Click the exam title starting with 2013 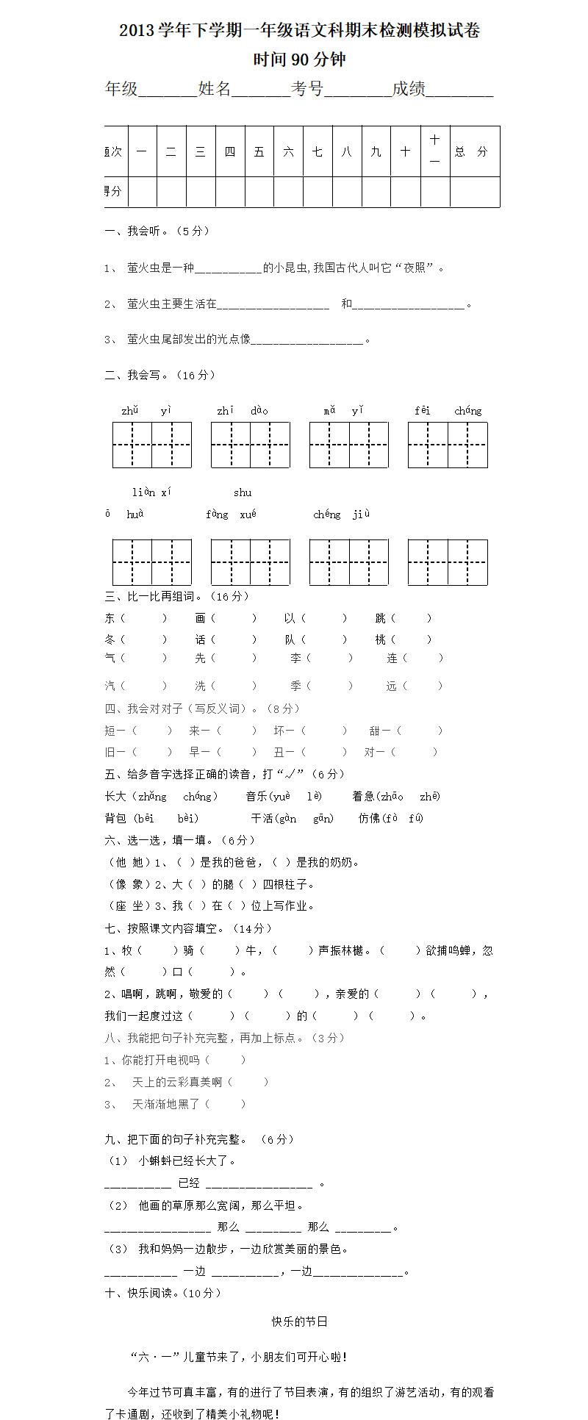tap(300, 31)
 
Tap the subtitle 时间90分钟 tap(299, 60)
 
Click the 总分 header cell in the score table tap(471, 151)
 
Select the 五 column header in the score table tap(259, 151)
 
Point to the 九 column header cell tap(376, 151)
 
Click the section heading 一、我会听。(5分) tap(157, 231)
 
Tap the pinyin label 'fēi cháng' tap(448, 411)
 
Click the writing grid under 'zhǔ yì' tap(152, 445)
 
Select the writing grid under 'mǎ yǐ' tap(349, 445)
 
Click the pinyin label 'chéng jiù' tap(342, 514)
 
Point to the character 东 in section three tap(110, 618)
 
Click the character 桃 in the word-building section tap(381, 639)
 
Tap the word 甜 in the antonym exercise tap(375, 731)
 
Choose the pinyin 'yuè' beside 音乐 tap(281, 796)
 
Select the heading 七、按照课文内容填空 tap(188, 928)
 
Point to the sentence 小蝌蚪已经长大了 tap(187, 1161)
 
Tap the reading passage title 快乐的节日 tap(299, 1322)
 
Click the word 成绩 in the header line tap(409, 89)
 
